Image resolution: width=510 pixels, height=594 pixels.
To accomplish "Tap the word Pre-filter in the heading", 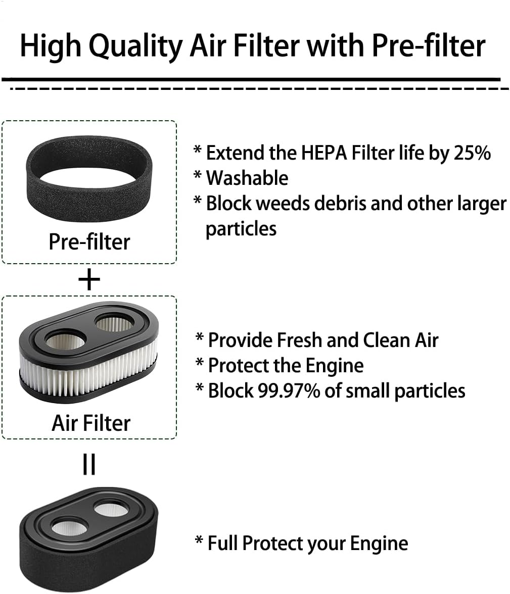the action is pyautogui.click(x=429, y=45).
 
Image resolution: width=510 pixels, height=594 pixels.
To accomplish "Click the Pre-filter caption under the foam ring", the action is pyautogui.click(x=89, y=241).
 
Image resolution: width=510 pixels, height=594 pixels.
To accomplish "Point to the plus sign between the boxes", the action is pyautogui.click(x=89, y=280).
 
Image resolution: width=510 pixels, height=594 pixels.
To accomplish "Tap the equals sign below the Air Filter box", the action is pyautogui.click(x=89, y=464).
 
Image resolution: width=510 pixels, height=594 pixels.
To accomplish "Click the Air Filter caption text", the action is pyautogui.click(x=91, y=423).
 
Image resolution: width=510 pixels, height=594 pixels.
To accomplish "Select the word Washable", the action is pyautogui.click(x=247, y=178).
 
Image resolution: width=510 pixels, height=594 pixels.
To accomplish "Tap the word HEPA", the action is pyautogui.click(x=324, y=153).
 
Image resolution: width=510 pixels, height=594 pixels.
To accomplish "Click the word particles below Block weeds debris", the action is pyautogui.click(x=241, y=229).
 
